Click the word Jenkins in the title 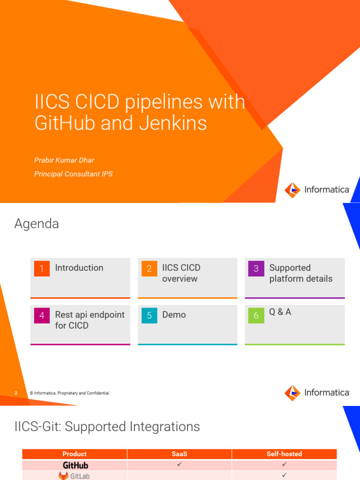[173, 123]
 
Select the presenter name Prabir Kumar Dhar [64, 160]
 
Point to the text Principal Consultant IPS [73, 174]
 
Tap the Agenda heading [37, 224]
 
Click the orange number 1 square [42, 269]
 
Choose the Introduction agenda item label [79, 268]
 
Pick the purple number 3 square [256, 269]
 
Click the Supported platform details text [300, 273]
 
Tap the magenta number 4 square [42, 315]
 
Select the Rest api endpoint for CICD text [90, 320]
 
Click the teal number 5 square [149, 315]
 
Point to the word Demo [174, 315]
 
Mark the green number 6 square [256, 315]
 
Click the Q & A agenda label [280, 312]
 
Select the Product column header [75, 454]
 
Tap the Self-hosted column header [284, 454]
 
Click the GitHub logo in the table [75, 465]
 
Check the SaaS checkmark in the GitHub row [179, 464]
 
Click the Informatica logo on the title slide [317, 190]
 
